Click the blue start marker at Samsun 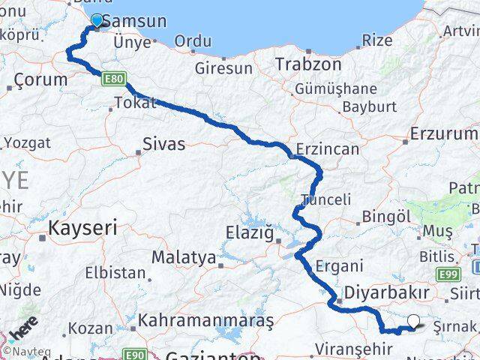pos(97,21)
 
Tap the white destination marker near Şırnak pos(413,322)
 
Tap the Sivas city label pos(163,144)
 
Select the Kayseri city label pos(82,227)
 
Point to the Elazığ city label pos(250,234)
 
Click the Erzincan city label pos(328,149)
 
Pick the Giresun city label pos(223,68)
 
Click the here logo pos(25,329)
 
